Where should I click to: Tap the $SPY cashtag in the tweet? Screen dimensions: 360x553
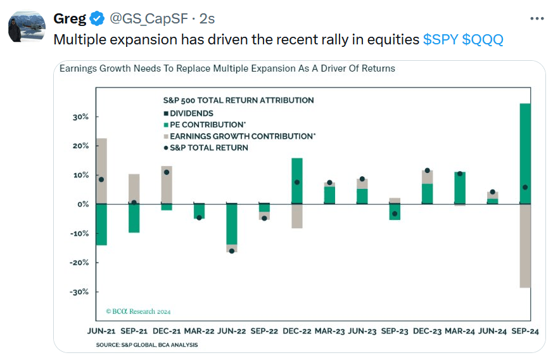[441, 39]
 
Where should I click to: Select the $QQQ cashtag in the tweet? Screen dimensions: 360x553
[483, 39]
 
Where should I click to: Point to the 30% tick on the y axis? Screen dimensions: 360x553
[80, 117]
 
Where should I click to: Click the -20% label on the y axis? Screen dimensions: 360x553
[79, 262]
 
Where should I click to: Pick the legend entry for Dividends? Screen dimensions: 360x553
[191, 113]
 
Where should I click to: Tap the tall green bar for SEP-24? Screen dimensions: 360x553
[525, 152]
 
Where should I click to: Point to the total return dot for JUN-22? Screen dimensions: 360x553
[231, 251]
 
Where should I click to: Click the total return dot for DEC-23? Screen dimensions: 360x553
[427, 170]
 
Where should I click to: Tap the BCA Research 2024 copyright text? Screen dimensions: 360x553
[138, 311]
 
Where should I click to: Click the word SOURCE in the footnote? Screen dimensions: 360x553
[108, 345]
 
